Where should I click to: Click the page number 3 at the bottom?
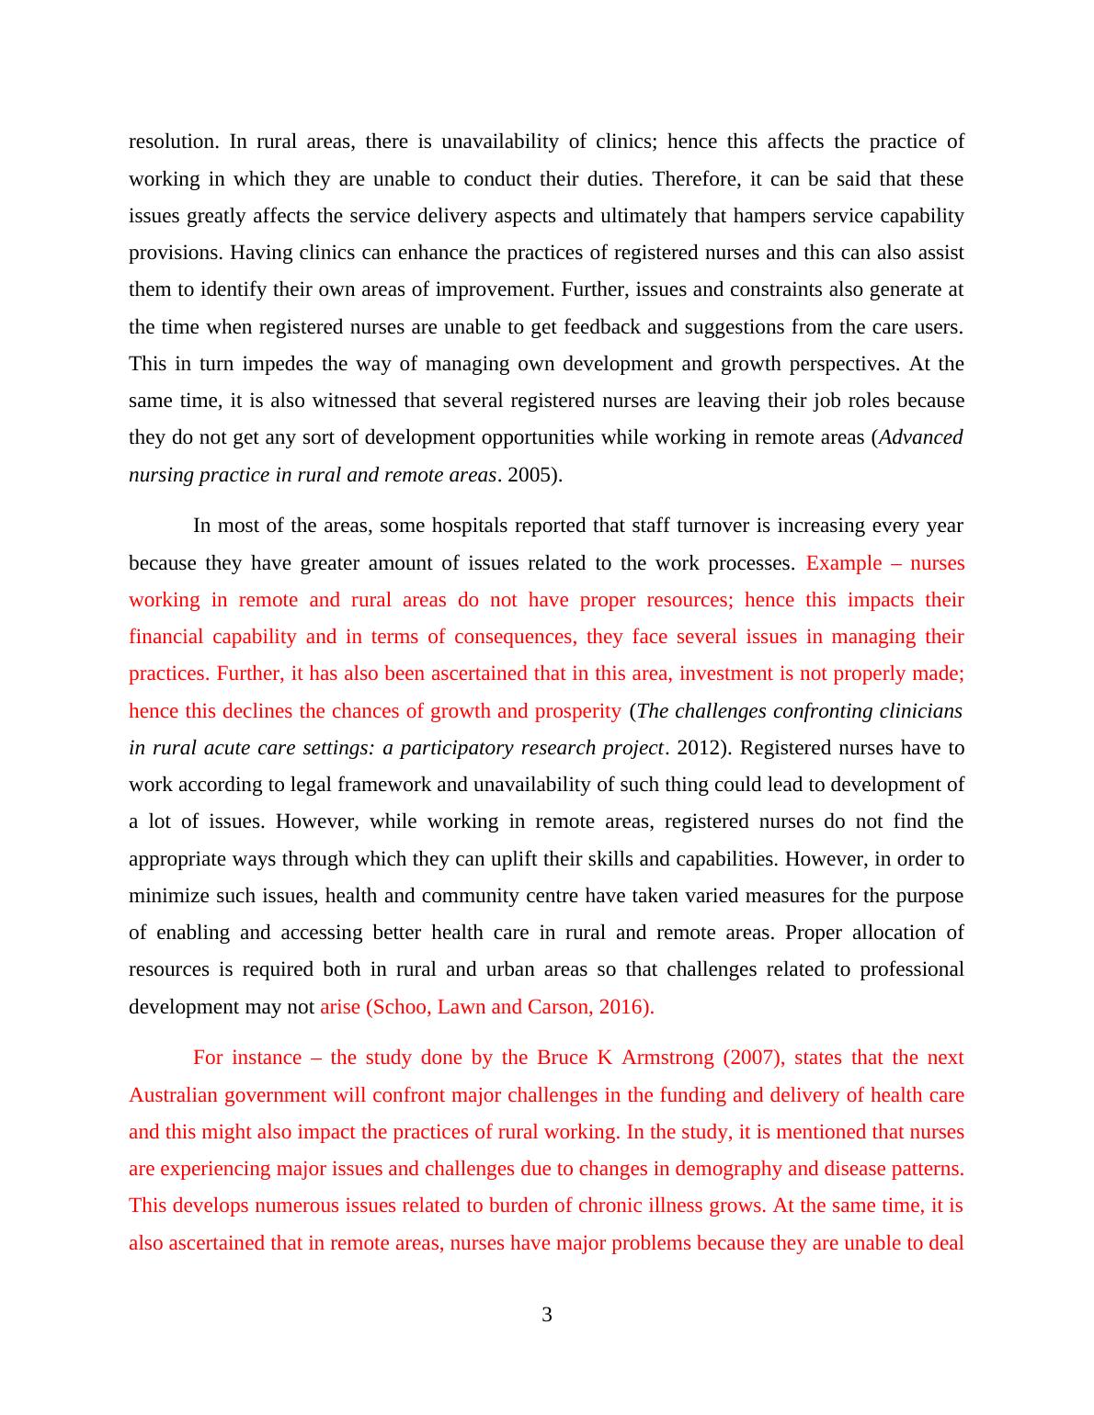coord(547,1315)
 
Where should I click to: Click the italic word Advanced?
coord(921,437)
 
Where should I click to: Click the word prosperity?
coord(576,711)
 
